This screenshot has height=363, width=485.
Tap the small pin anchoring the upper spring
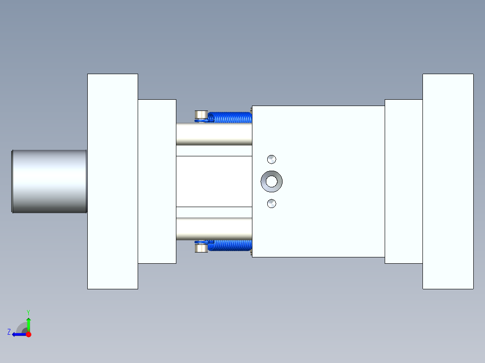point(201,115)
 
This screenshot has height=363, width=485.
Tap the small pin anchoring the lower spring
point(201,248)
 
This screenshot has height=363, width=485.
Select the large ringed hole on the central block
point(272,181)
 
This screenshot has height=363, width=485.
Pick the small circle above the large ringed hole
point(271,159)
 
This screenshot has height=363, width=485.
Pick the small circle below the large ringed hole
point(271,204)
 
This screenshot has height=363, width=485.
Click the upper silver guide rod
point(214,134)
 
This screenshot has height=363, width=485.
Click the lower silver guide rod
point(214,229)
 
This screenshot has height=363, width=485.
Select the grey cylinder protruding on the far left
point(49,181)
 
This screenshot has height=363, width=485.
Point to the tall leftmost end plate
point(112,181)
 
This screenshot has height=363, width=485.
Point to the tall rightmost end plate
point(448,181)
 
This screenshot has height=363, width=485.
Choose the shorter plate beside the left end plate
point(157,181)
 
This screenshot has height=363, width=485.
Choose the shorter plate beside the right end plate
point(404,181)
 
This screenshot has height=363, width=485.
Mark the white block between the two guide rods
point(214,181)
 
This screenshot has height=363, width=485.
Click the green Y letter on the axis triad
point(28,312)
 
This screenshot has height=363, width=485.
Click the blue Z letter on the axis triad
point(9,332)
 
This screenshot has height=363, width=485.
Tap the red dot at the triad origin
point(28,334)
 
